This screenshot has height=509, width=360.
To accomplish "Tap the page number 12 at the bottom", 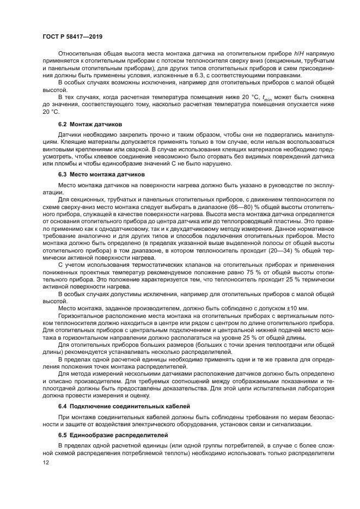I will coord(46,462).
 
